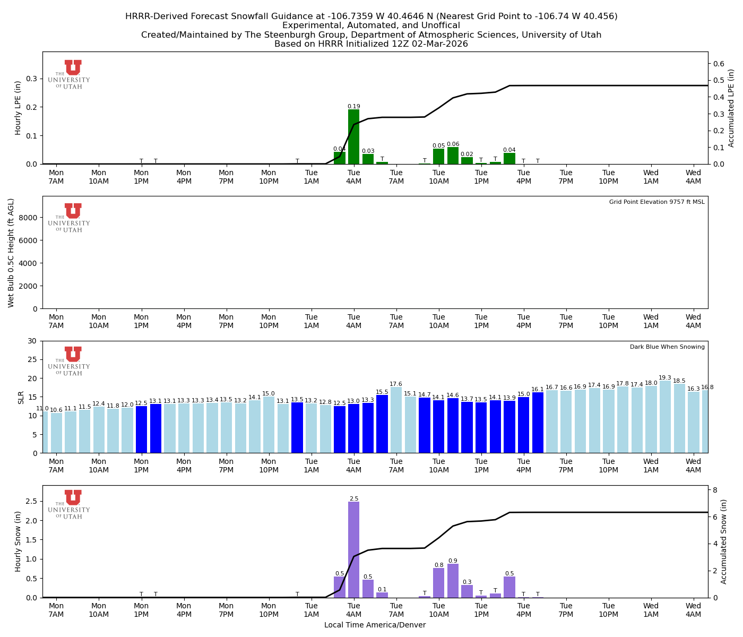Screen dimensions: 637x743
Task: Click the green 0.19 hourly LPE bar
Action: (x=353, y=137)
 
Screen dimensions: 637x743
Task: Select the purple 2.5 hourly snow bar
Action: (x=353, y=549)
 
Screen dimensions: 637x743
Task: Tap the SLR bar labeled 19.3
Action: (x=665, y=417)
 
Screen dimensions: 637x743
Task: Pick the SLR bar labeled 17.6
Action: (x=396, y=420)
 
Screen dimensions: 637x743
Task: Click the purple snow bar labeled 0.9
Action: (x=453, y=581)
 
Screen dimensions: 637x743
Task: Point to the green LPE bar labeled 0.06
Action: (x=453, y=156)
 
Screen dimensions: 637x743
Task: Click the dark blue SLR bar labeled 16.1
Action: (x=538, y=423)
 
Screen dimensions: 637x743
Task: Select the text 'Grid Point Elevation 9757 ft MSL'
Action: (x=656, y=202)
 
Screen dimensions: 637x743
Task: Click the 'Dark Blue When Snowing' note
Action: (x=667, y=347)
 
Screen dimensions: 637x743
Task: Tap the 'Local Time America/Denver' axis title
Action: (x=375, y=625)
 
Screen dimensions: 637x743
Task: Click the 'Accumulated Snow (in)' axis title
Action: (x=724, y=541)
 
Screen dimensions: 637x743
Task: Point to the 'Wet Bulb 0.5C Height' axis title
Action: (x=11, y=253)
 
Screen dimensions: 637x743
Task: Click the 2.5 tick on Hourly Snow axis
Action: (x=31, y=501)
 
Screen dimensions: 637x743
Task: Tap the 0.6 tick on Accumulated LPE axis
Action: (x=719, y=64)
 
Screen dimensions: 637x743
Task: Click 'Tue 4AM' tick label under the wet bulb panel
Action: (x=353, y=321)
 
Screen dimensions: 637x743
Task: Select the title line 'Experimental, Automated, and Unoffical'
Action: (x=371, y=25)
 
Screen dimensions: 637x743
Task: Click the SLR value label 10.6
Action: (x=56, y=410)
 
